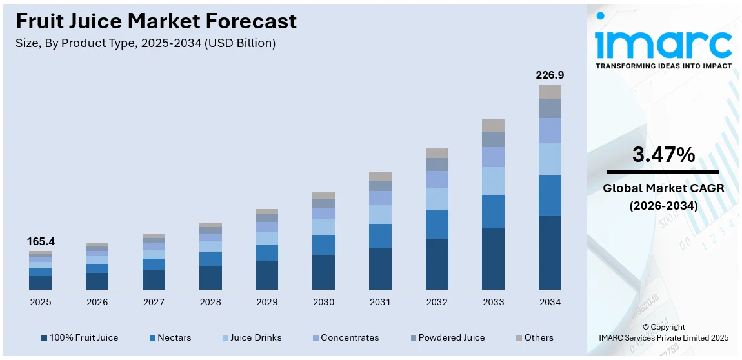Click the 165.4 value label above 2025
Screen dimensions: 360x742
[41, 241]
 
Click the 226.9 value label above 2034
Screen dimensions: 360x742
[550, 75]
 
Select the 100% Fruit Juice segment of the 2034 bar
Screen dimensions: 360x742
[550, 252]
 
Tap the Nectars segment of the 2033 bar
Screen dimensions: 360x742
[494, 212]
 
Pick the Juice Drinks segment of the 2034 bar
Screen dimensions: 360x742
[550, 159]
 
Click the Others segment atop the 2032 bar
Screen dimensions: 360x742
[437, 153]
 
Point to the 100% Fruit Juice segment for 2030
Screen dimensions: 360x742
[323, 272]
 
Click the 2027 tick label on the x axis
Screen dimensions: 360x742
[154, 302]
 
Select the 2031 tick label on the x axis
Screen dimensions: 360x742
[380, 302]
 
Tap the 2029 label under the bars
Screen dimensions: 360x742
[266, 302]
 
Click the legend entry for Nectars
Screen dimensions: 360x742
[170, 337]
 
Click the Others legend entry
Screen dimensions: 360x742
[534, 337]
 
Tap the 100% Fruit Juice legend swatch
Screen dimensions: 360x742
[44, 338]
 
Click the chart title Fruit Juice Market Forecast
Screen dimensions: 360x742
[156, 21]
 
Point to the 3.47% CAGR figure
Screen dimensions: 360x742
[663, 155]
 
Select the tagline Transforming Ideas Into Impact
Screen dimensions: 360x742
[663, 66]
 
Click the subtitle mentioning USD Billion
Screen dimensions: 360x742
[146, 43]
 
